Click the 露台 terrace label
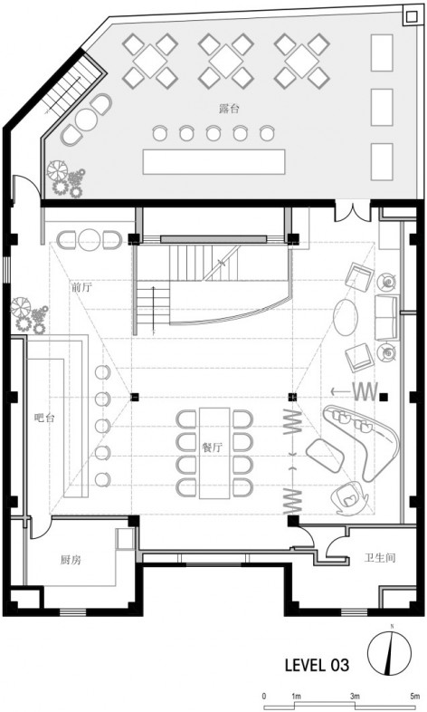click(229, 109)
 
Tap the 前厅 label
click(81, 287)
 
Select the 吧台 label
click(44, 418)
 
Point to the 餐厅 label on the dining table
click(213, 447)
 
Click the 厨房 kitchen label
click(71, 560)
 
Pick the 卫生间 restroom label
click(380, 558)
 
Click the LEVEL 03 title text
click(318, 666)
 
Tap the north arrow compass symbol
click(389, 653)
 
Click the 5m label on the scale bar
click(414, 696)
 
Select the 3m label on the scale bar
click(355, 696)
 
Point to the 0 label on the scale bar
click(264, 696)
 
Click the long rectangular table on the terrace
click(214, 161)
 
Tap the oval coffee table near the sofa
click(346, 317)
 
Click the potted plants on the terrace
click(66, 178)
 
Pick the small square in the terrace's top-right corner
click(411, 17)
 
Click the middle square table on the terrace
click(226, 61)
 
